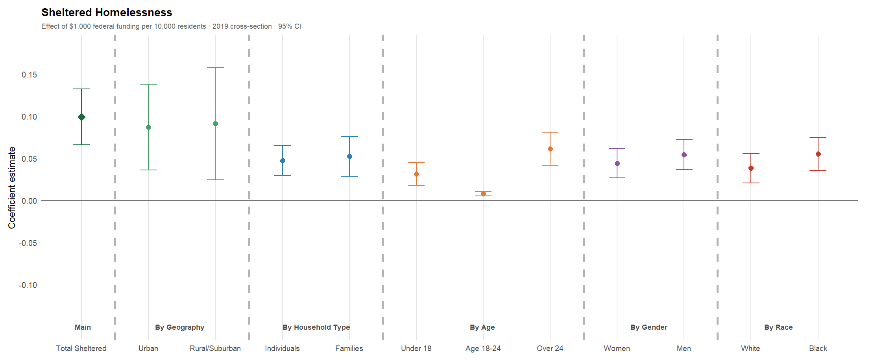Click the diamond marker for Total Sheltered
81,117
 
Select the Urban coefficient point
148,127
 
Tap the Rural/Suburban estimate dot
215,124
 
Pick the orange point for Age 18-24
483,194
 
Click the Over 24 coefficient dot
550,149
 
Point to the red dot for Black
818,154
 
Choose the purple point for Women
617,163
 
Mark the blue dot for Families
349,156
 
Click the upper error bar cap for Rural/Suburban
215,67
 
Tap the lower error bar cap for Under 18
416,186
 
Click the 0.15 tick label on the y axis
30,75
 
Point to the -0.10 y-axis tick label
28,285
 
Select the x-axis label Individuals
282,348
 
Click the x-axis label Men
684,348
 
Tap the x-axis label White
750,348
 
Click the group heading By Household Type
316,327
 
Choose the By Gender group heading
649,327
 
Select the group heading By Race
778,327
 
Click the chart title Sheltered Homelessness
107,13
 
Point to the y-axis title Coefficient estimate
12,188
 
